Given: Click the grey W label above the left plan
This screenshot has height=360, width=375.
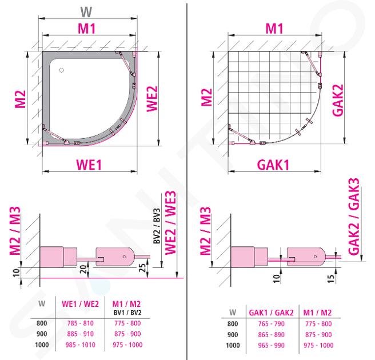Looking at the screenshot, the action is tap(86, 12).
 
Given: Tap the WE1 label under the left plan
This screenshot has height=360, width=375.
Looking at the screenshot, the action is tap(89, 165).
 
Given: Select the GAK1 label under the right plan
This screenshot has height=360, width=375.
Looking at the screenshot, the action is tap(273, 165).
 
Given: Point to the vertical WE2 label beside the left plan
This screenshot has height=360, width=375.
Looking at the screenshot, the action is tap(152, 99).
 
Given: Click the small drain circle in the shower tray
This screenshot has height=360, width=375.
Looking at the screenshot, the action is tap(62, 70).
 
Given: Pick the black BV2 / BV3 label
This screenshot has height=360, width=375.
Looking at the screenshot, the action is tap(157, 226).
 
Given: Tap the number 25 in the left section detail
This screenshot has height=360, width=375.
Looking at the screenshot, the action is tap(142, 267).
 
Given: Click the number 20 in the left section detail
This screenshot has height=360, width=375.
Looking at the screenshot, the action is tap(83, 269).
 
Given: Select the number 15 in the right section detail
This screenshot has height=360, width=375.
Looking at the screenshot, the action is tap(330, 278).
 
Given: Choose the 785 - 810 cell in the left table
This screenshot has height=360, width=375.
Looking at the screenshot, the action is tap(81, 323).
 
